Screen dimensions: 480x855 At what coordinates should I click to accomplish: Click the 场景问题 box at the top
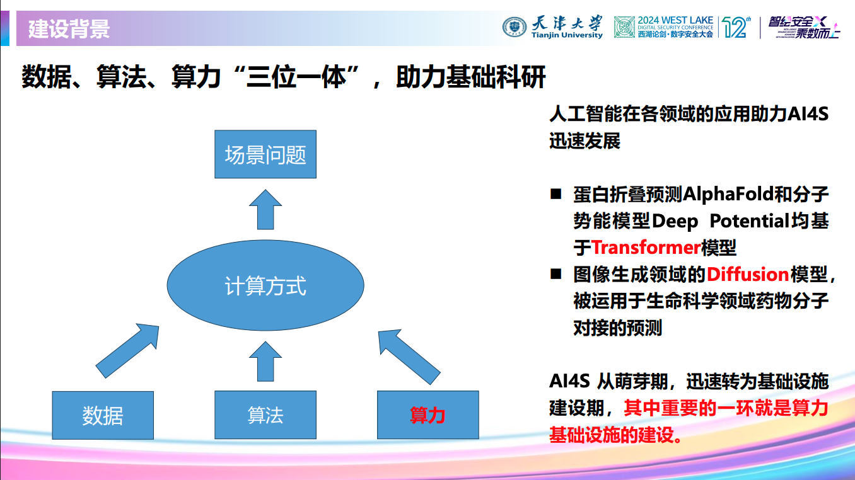[x=265, y=155]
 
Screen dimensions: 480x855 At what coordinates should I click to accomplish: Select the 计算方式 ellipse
[x=265, y=287]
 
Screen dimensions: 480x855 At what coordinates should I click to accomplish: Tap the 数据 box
[x=103, y=415]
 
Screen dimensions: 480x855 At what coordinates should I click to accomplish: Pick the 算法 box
[x=265, y=415]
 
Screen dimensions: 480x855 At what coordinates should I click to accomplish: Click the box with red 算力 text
[x=427, y=415]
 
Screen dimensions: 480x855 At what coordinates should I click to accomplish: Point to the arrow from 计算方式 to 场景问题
[x=265, y=210]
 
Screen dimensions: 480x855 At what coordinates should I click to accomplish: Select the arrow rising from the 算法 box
[x=265, y=360]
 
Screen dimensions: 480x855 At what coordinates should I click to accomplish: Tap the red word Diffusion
[x=747, y=274]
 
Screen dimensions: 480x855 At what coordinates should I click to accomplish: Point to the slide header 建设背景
[x=69, y=29]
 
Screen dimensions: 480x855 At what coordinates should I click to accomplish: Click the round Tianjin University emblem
[x=514, y=27]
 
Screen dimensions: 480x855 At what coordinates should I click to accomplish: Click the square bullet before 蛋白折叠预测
[x=555, y=194]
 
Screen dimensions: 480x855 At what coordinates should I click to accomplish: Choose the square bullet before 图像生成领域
[x=555, y=274]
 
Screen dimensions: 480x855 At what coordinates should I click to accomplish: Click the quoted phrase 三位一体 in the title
[x=296, y=77]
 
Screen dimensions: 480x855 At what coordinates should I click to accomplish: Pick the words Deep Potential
[x=720, y=220]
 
